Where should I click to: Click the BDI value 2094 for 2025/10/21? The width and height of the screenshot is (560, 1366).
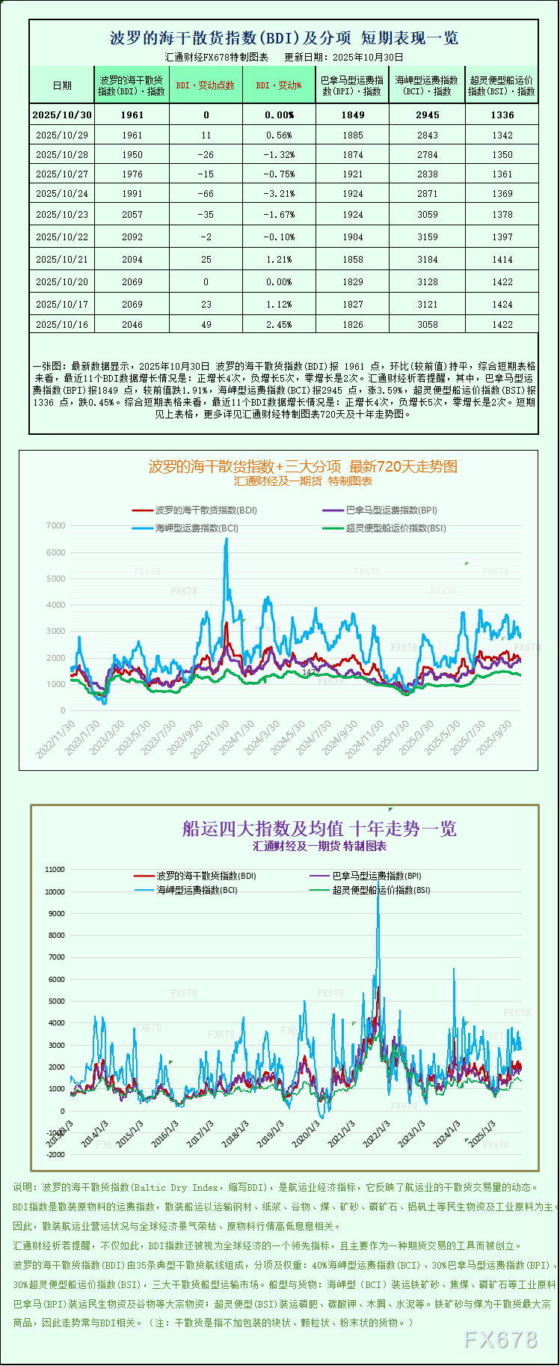click(x=132, y=260)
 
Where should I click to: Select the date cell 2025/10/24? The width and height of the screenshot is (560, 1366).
click(x=62, y=194)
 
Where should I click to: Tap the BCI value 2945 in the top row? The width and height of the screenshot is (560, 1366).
click(x=428, y=115)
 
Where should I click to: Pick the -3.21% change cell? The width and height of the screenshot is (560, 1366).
click(x=279, y=194)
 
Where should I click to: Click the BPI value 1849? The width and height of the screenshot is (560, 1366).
click(x=352, y=115)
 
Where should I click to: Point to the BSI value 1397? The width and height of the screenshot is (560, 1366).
click(x=502, y=237)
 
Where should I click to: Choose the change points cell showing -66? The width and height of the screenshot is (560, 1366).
click(x=206, y=194)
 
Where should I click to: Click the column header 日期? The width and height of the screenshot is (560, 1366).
click(x=62, y=85)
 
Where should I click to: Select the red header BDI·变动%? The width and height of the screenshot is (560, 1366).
click(x=279, y=85)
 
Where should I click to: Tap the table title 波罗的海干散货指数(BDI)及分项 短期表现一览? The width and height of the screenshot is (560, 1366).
click(x=283, y=38)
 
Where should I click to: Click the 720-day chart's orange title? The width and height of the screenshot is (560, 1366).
click(x=303, y=467)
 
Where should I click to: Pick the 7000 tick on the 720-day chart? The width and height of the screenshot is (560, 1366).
click(x=56, y=526)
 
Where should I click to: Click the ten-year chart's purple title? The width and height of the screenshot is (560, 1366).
click(x=319, y=829)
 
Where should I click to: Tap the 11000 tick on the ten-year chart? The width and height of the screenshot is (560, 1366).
click(x=55, y=870)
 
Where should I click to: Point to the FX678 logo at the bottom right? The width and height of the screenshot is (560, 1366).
click(x=500, y=1340)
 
